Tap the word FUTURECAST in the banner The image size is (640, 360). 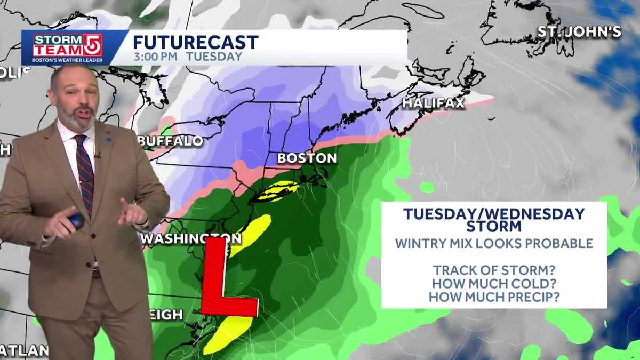(x=196, y=42)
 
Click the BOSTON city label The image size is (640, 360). (x=307, y=158)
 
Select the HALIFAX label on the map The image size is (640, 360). (x=434, y=103)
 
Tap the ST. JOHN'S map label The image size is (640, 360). (x=579, y=32)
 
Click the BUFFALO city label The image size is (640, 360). (x=171, y=141)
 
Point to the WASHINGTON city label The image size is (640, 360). (x=191, y=238)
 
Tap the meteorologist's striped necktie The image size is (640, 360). (x=84, y=171)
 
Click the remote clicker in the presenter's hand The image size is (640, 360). (x=76, y=220)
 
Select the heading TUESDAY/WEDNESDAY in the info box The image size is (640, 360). (x=494, y=214)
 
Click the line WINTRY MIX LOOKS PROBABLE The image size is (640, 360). (x=494, y=243)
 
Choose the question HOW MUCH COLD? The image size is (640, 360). (x=494, y=284)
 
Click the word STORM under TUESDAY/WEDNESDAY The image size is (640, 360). (x=494, y=226)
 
